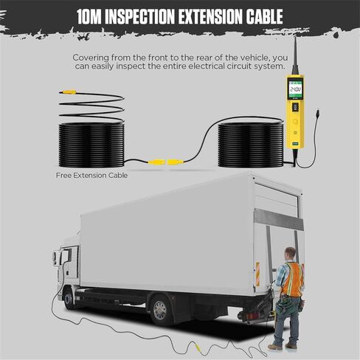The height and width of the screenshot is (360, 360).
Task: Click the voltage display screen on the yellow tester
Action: point(295,89)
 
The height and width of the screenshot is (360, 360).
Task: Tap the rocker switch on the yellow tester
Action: point(295,108)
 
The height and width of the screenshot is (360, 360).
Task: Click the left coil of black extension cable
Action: point(91,145)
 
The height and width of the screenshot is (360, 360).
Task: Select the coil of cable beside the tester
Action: point(251,145)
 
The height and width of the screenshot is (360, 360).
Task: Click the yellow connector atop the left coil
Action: point(68,92)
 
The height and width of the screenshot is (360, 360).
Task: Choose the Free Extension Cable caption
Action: point(91,176)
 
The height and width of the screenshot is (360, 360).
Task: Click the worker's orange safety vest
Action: point(292,279)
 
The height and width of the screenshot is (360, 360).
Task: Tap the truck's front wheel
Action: point(68,299)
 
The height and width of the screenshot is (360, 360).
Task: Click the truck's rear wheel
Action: point(160,310)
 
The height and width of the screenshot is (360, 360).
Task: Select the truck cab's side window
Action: point(66,256)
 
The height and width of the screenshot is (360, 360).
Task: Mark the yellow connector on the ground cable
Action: point(198,347)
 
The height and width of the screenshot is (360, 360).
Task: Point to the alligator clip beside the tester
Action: point(319,114)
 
